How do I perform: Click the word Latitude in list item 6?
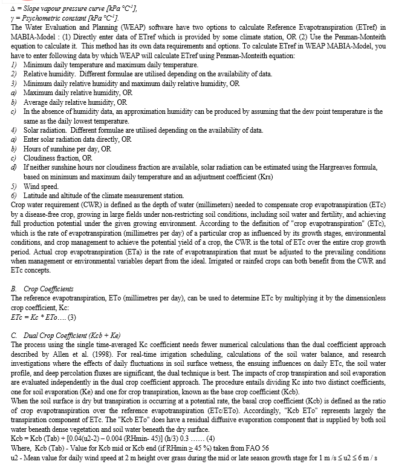pyautogui.click(x=37, y=196)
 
